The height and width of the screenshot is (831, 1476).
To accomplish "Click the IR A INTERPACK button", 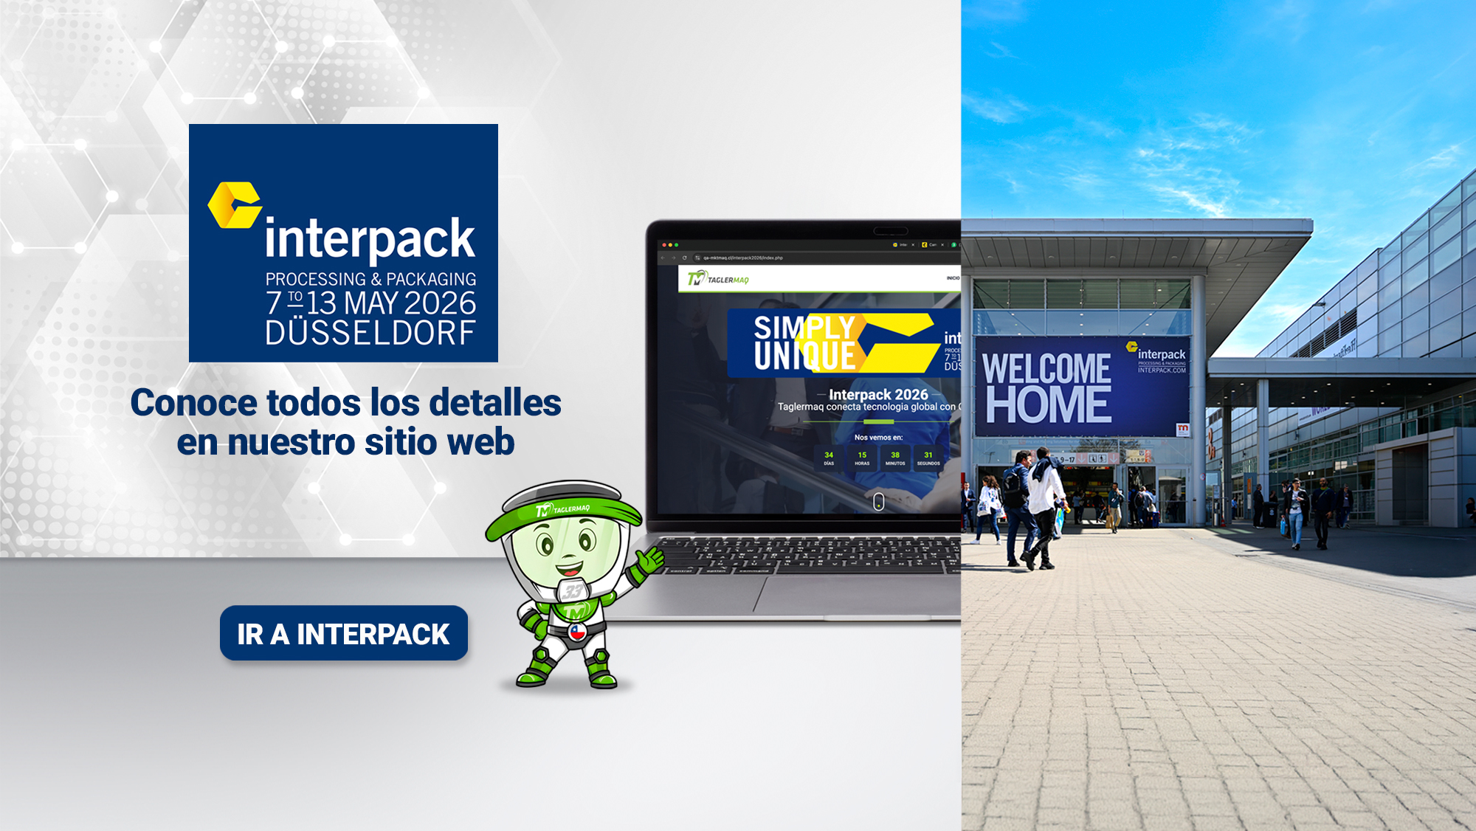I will pyautogui.click(x=343, y=633).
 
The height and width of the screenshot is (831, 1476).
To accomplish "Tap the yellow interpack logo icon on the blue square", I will pyautogui.click(x=235, y=204).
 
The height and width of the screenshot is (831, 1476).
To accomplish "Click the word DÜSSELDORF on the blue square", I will pyautogui.click(x=370, y=334).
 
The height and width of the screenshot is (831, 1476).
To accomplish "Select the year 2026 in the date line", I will pyautogui.click(x=440, y=303).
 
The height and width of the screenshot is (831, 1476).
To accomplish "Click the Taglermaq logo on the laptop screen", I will pyautogui.click(x=718, y=279).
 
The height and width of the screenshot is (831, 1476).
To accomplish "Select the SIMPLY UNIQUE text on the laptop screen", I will pyautogui.click(x=804, y=342).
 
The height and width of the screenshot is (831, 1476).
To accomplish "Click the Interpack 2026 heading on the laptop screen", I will pyautogui.click(x=877, y=394).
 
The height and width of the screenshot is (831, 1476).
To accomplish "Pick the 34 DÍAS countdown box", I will pyautogui.click(x=829, y=458).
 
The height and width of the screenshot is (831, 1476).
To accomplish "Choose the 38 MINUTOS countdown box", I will pyautogui.click(x=895, y=458).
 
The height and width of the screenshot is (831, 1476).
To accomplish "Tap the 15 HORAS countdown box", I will pyautogui.click(x=862, y=458).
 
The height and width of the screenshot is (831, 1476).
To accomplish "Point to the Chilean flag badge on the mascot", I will pyautogui.click(x=577, y=632).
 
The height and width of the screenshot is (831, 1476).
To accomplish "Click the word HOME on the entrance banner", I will pyautogui.click(x=1048, y=404).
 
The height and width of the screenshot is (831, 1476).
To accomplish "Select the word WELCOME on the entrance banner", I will pyautogui.click(x=1046, y=368).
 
